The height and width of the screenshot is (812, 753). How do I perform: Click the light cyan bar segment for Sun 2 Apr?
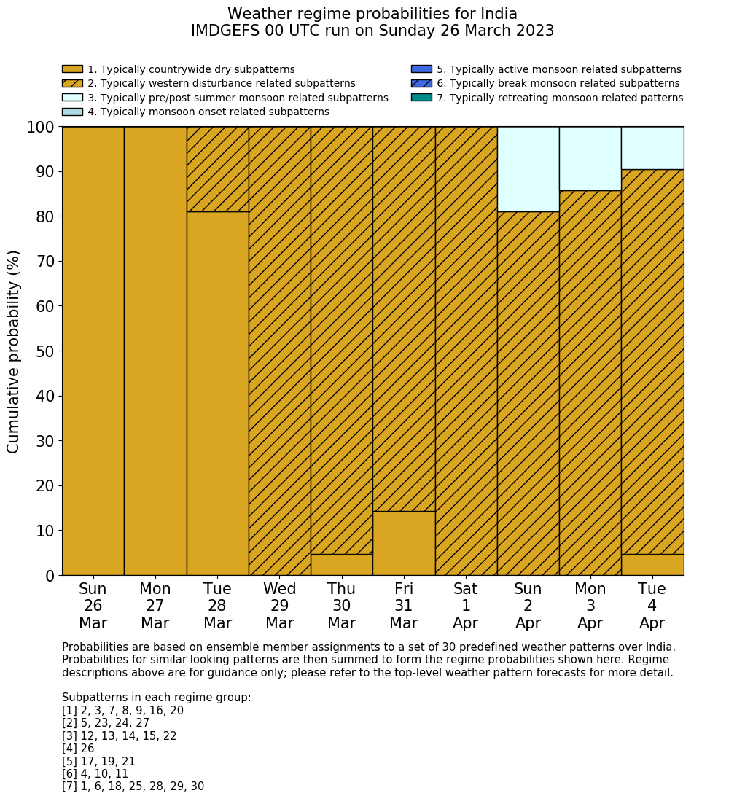[528, 169]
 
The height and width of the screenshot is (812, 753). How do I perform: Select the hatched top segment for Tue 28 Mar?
[217, 169]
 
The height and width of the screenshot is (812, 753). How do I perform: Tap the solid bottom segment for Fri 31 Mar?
[404, 543]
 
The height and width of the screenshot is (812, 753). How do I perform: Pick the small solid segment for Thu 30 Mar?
[342, 565]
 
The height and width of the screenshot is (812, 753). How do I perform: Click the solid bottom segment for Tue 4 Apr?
[652, 565]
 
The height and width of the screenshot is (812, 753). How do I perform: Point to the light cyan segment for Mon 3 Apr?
[590, 159]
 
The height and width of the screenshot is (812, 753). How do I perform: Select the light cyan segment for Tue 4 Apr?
[652, 148]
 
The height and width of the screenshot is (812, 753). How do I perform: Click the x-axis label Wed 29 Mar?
[280, 606]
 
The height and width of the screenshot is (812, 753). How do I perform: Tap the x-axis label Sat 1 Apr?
[466, 606]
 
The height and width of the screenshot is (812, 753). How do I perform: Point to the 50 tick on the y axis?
[44, 351]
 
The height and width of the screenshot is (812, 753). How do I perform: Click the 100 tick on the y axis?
[40, 128]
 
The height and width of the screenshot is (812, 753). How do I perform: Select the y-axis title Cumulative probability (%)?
[14, 351]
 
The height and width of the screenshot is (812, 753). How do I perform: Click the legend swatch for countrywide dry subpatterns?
[72, 69]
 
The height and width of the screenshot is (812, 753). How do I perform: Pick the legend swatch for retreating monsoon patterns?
[421, 98]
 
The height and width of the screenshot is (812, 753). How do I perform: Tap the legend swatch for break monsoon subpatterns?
[421, 84]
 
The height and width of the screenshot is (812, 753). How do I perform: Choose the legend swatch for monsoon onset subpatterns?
[72, 112]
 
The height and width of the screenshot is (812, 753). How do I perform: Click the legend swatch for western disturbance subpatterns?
[72, 84]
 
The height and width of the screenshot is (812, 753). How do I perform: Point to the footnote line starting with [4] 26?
[78, 749]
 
